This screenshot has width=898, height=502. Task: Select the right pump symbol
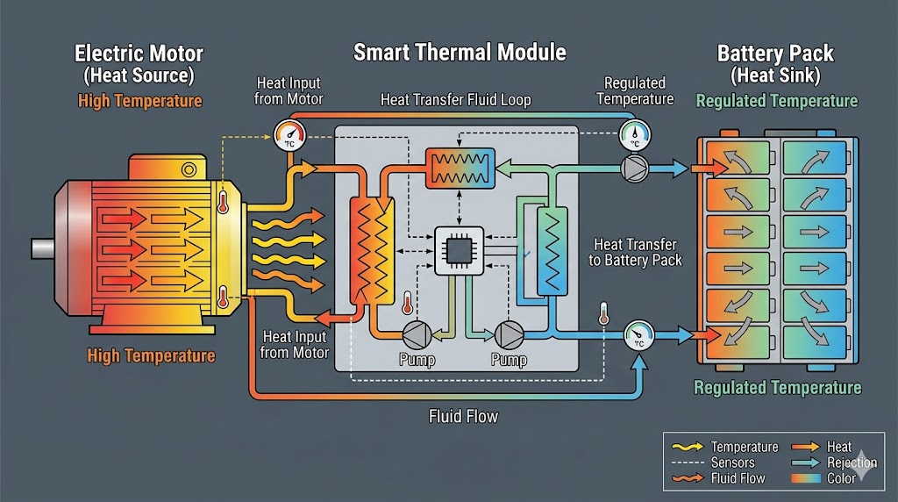tap(508, 333)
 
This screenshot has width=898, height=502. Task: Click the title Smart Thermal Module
tap(460, 53)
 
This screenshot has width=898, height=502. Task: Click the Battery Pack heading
tap(776, 54)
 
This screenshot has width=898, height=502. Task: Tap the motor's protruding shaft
tap(42, 248)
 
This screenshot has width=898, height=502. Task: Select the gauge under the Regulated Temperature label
tap(634, 133)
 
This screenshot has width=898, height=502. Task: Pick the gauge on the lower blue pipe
tap(638, 334)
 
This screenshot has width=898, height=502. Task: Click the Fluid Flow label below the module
tap(463, 416)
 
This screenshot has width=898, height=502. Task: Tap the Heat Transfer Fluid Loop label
tap(455, 99)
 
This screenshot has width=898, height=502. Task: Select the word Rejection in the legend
tap(852, 463)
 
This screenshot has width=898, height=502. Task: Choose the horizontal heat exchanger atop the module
tap(460, 167)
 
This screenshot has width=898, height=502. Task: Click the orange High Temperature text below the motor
tap(151, 355)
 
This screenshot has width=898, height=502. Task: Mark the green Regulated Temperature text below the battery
tap(777, 387)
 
